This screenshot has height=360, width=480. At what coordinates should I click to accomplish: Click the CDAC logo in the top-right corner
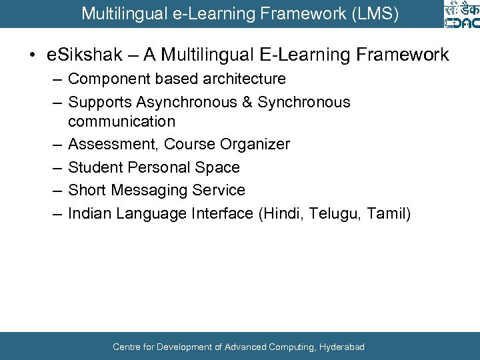461,15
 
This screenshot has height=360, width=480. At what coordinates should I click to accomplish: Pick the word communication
122,121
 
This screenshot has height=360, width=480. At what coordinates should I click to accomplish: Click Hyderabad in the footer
342,347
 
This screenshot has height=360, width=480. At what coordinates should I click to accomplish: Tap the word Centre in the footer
127,347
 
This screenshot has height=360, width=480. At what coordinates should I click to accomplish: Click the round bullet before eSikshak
31,55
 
